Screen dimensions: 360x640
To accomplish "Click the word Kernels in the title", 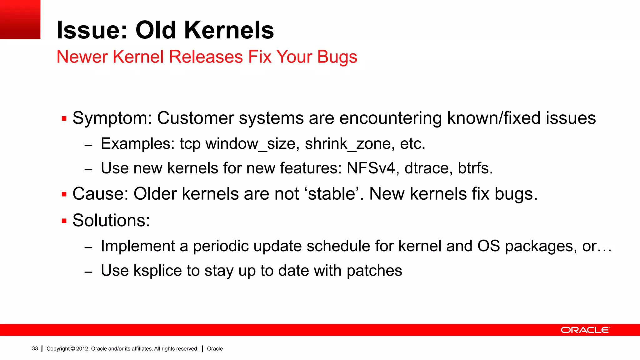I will [x=229, y=30].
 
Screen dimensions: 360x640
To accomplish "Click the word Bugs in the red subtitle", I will [x=337, y=57].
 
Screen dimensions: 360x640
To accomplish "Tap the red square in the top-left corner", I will [x=20, y=19].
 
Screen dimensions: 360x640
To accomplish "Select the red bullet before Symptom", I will [x=64, y=118].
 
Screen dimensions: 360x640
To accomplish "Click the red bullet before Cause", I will [x=64, y=194].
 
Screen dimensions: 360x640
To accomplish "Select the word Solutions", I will [x=111, y=221].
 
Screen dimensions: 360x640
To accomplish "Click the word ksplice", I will [x=157, y=271].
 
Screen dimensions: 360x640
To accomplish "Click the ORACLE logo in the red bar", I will [x=585, y=330].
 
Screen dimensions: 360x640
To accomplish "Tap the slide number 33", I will [x=35, y=349].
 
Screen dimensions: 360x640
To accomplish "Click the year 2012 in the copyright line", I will [x=82, y=349].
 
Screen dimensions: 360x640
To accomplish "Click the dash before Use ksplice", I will [x=88, y=272].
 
